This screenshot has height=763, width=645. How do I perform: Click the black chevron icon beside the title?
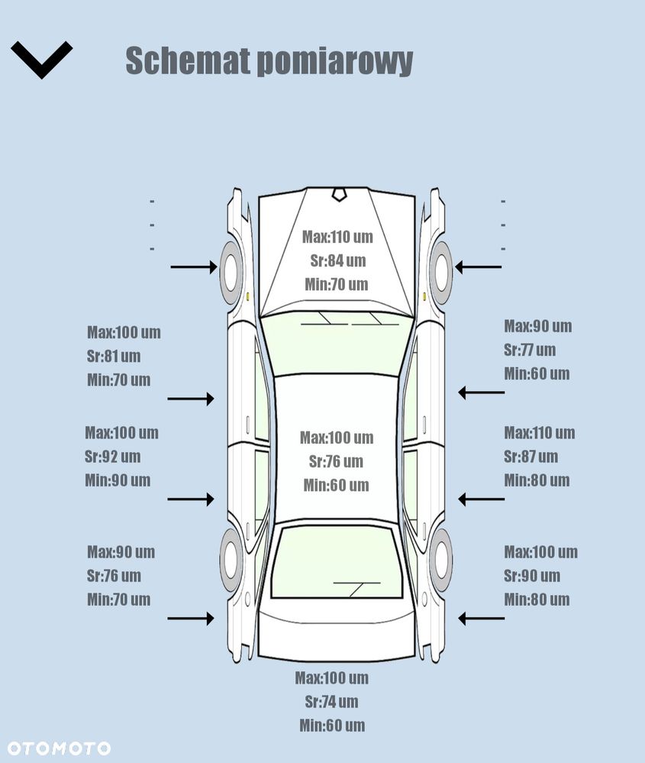point(41,60)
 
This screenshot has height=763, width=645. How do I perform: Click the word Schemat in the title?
point(187,60)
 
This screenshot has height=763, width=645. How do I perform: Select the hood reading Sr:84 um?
point(338,260)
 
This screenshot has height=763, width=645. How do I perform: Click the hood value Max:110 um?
point(337,237)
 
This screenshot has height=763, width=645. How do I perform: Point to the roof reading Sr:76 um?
point(336,461)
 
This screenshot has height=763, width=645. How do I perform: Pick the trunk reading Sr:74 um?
point(332,702)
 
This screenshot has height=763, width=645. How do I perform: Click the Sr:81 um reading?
point(114,356)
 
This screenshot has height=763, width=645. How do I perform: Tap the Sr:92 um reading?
point(113,457)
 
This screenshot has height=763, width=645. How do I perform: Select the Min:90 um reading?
point(118,480)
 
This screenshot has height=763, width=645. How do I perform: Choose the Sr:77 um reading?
point(530,350)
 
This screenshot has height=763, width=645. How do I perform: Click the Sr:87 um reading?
point(531,457)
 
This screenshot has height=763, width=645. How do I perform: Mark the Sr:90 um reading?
point(532,576)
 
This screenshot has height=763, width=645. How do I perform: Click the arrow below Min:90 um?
point(191,500)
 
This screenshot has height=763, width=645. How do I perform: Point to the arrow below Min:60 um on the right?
point(481,393)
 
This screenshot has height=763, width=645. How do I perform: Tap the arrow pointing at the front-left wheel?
point(194,267)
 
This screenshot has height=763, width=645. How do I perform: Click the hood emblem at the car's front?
point(339,194)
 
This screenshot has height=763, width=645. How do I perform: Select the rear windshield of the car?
point(337,562)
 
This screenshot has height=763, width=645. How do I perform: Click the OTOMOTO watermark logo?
point(59,748)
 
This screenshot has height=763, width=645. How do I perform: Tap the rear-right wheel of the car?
point(440,559)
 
